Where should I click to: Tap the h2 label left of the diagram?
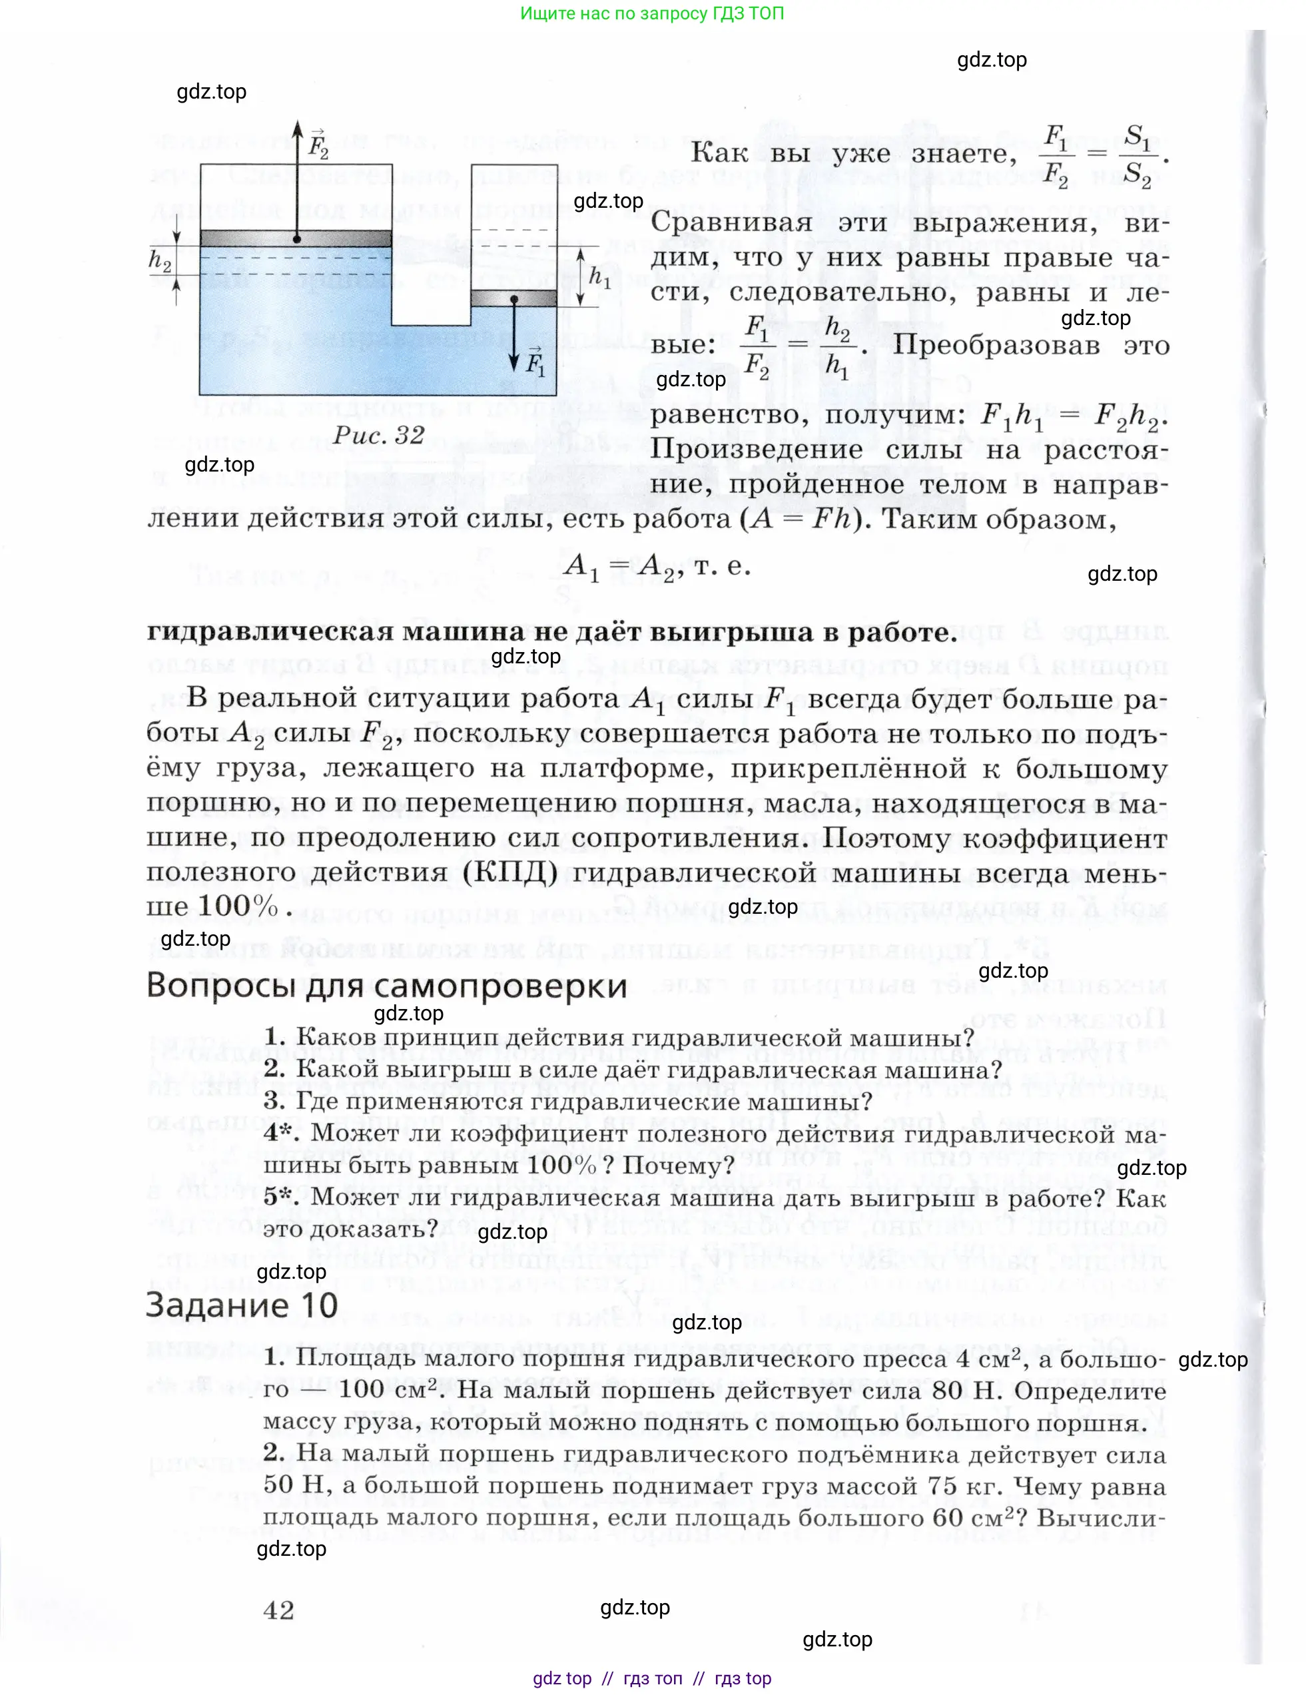pos(160,262)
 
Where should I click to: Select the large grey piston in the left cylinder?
pos(296,238)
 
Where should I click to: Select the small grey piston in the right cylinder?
pos(513,298)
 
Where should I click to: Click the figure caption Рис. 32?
pos(379,436)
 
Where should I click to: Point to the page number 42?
pos(278,1610)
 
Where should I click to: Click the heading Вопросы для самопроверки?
pos(386,986)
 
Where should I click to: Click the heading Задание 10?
pos(241,1305)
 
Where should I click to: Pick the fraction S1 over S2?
pos(1137,156)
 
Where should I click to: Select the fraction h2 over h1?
pos(836,346)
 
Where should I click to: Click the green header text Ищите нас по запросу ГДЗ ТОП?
pos(652,13)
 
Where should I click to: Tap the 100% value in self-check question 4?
pos(562,1165)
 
